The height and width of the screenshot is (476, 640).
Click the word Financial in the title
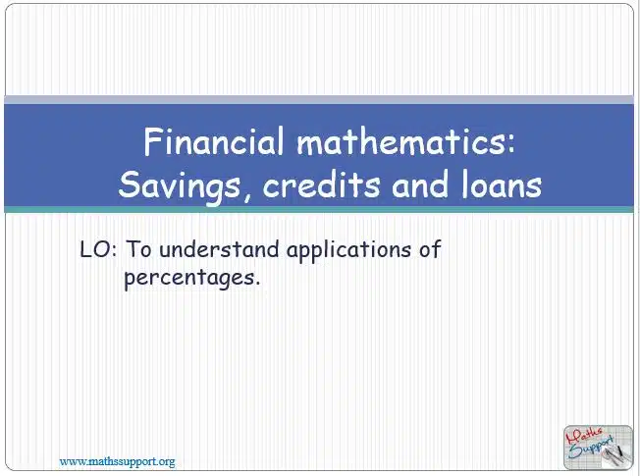pos(213,141)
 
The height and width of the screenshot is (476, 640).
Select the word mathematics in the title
pos(400,141)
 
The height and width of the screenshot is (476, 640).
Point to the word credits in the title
pos(322,185)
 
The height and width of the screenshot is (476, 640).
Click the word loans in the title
pos(502,185)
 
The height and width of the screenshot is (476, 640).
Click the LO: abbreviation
pos(98,249)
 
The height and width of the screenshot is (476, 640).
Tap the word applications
pos(348,250)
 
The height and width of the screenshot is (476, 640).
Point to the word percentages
pos(189,279)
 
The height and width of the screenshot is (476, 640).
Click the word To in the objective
pos(138,249)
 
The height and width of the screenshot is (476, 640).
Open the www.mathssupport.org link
pos(117,461)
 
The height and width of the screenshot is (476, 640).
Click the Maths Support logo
pos(598,448)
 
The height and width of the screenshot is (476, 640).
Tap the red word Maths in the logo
pos(583,437)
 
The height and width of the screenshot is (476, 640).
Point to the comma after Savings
pos(247,197)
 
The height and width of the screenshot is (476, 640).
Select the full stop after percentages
pos(257,284)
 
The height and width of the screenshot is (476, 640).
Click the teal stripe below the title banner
pos(319,209)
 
